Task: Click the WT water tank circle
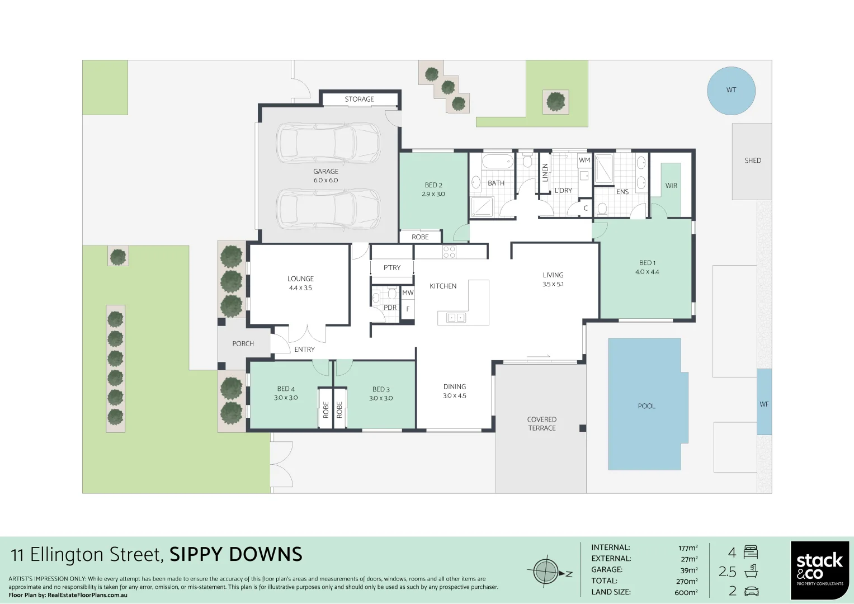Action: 731,91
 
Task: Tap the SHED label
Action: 752,161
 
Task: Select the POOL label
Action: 646,406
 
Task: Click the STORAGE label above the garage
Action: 359,100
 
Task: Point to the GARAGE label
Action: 325,172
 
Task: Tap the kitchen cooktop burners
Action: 449,252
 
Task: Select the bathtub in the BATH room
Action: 497,162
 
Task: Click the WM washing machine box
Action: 584,161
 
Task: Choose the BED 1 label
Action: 647,263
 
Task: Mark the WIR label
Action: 671,186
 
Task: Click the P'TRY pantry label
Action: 392,268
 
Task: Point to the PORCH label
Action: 243,344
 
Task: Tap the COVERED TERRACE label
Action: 541,424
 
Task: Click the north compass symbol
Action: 546,572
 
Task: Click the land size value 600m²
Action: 686,592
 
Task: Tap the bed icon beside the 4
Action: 751,553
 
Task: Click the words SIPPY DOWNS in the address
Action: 235,555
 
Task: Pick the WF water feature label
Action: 764,404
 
